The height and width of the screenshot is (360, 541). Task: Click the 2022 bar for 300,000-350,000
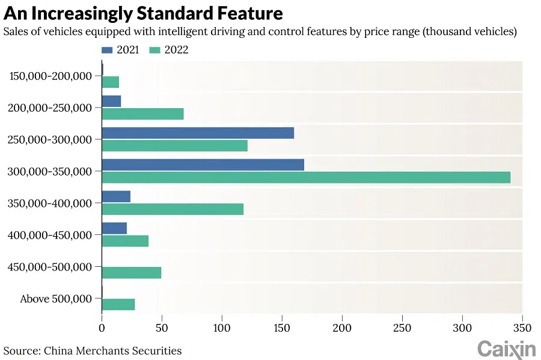click(306, 177)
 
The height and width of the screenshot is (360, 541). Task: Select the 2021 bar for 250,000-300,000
click(198, 133)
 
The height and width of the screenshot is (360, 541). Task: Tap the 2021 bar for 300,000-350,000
click(203, 164)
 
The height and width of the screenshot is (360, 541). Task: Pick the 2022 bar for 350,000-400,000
click(173, 209)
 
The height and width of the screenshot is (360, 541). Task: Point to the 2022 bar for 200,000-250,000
click(142, 114)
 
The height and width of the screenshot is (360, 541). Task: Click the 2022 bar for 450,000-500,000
click(132, 272)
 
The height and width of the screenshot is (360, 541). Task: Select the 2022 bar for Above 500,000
click(118, 304)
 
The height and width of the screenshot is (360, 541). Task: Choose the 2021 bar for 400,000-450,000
click(114, 228)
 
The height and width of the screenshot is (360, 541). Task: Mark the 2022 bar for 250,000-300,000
click(174, 145)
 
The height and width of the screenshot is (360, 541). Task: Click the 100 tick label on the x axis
click(222, 328)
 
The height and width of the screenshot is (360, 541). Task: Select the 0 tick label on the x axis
click(102, 328)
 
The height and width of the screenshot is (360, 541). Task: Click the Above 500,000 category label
click(56, 299)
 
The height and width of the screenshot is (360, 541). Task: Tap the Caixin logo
click(506, 348)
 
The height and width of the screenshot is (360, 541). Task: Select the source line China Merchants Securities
click(113, 350)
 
